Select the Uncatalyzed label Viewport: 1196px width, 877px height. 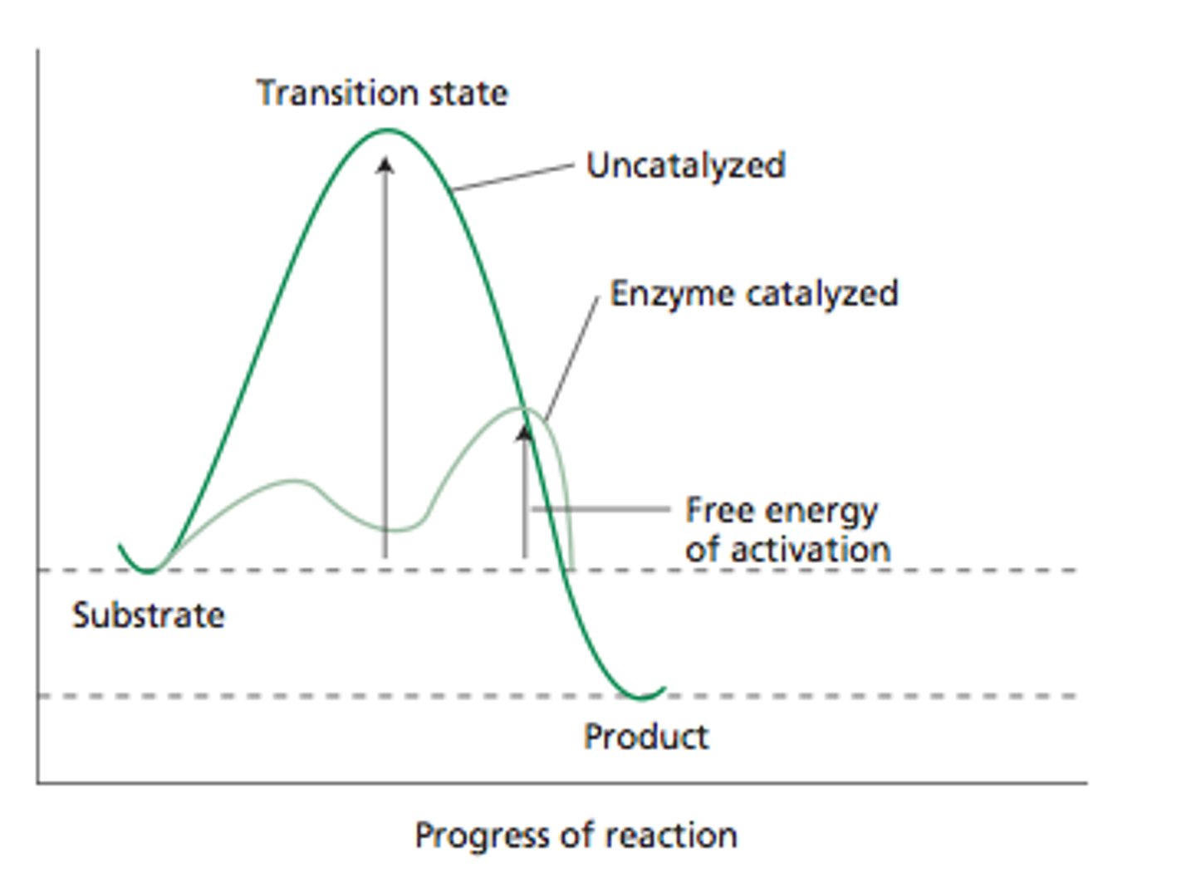click(x=685, y=165)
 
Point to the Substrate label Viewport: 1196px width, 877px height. click(x=148, y=615)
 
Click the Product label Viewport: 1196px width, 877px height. click(x=646, y=737)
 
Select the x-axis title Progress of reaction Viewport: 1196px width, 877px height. click(x=576, y=835)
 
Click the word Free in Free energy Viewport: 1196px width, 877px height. click(x=717, y=510)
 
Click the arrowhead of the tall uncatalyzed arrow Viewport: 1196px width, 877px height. click(x=385, y=164)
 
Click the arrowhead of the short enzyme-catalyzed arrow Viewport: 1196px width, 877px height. click(x=524, y=433)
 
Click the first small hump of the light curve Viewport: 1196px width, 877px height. click(x=292, y=481)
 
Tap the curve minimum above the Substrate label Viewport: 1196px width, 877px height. click(x=148, y=571)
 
